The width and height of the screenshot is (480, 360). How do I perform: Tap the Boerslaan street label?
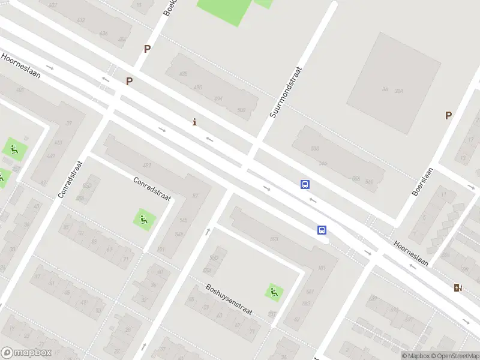pyautogui.click(x=422, y=181)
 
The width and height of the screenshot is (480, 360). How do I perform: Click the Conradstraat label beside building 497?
pyautogui.click(x=152, y=188)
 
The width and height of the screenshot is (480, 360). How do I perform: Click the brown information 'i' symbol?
pyautogui.click(x=194, y=122)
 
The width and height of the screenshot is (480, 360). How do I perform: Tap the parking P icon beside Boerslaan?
pyautogui.click(x=448, y=115)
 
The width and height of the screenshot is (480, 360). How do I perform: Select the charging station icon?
pyautogui.click(x=458, y=287)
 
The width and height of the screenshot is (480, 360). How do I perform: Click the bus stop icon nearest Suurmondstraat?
pyautogui.click(x=305, y=184)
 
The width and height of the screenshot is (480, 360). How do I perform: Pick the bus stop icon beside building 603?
pyautogui.click(x=322, y=230)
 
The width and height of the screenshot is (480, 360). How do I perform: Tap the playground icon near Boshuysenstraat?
pyautogui.click(x=274, y=292)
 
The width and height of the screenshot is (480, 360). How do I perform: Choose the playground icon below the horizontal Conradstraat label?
pyautogui.click(x=143, y=219)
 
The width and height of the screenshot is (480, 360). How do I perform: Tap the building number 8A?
pyautogui.click(x=385, y=89)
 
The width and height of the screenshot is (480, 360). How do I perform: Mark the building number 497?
pyautogui.click(x=146, y=165)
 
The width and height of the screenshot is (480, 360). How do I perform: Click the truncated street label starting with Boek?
pyautogui.click(x=169, y=7)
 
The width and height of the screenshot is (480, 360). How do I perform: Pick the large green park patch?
pyautogui.click(x=225, y=9)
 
